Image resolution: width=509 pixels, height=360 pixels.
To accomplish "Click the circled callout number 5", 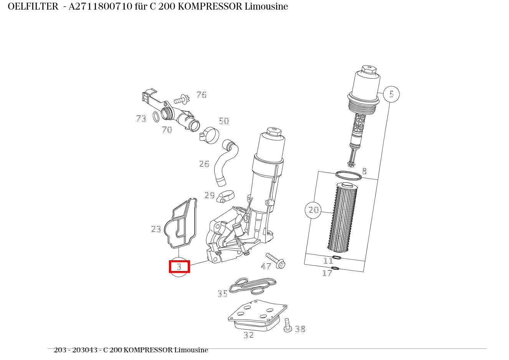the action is point(391,94).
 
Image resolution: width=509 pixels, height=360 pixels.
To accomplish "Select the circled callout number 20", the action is point(313,210).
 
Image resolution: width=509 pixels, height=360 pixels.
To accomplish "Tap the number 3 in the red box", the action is point(179,267).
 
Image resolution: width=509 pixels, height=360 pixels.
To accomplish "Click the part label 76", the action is point(202,95).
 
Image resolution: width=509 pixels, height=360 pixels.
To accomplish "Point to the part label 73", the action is point(141,118).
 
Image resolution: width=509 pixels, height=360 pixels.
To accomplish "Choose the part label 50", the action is point(224,121).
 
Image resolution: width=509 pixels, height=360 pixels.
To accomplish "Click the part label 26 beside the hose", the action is point(204,164).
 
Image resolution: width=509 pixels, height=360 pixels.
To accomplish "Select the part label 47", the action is point(266,266).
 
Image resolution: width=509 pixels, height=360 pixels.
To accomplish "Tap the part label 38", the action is point(300,329).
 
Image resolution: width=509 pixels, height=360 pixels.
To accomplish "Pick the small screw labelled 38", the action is point(288,325).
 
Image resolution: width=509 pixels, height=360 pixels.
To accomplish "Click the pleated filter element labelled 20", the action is point(342,218).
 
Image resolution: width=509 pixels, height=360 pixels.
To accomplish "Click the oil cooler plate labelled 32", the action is point(258,315).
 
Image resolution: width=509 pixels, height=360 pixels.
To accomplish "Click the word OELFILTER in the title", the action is point(33,7).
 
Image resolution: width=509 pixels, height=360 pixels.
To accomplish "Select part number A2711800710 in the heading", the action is point(100,7).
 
